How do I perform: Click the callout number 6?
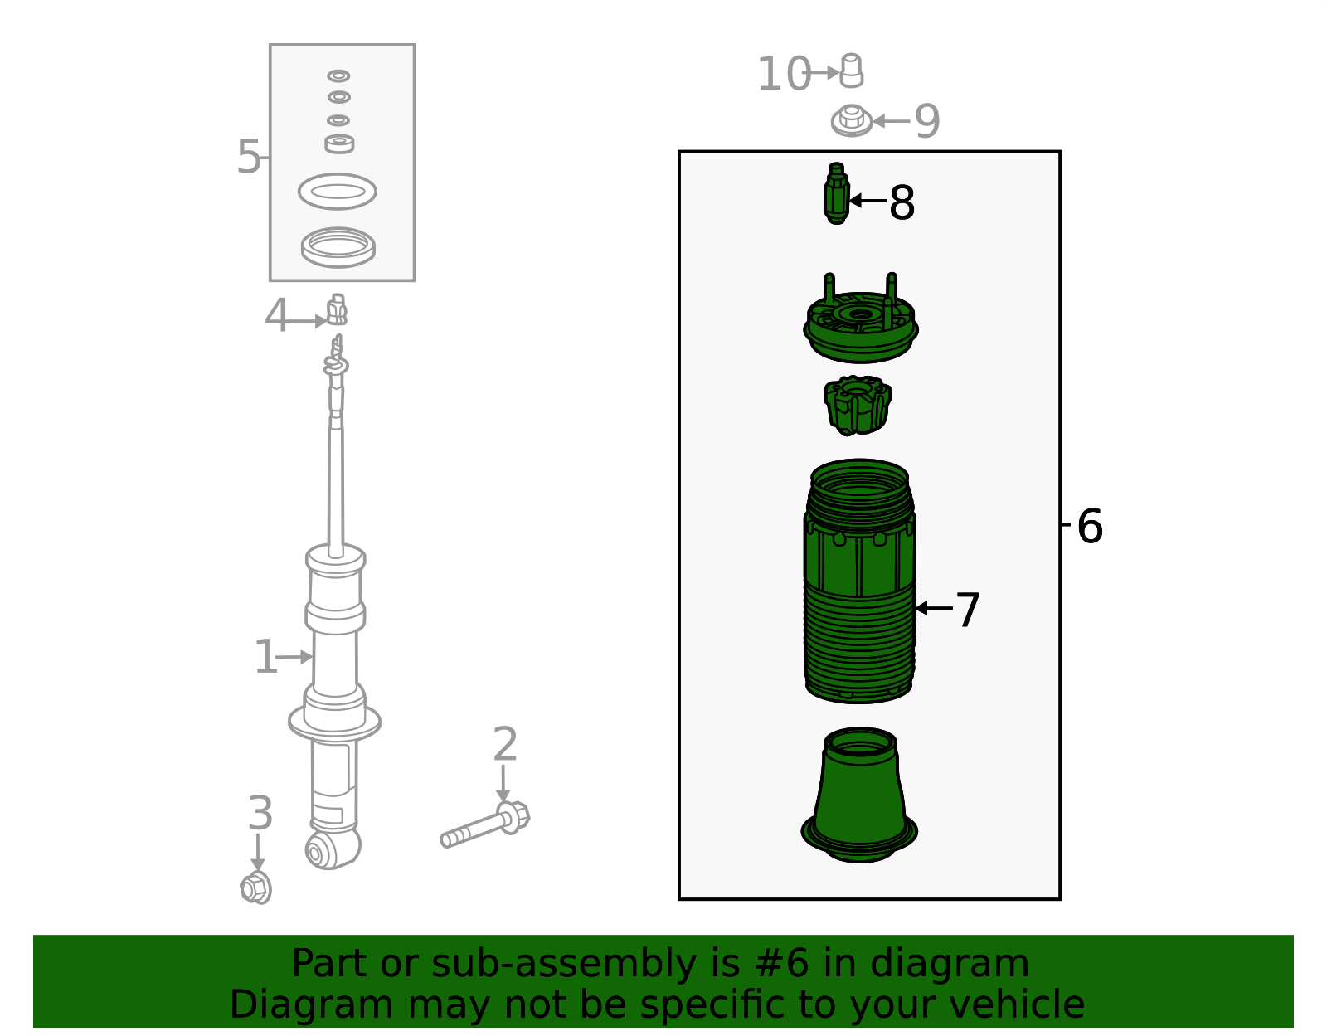1090,526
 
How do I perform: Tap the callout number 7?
968,610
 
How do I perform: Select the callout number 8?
902,202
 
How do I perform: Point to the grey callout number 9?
927,121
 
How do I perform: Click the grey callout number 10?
783,74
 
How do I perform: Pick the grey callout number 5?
248,157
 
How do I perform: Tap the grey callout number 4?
276,316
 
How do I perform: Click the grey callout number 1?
265,657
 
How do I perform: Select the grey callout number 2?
505,744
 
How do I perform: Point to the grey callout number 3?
260,813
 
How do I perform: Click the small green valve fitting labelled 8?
837,194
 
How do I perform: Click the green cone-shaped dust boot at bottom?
859,796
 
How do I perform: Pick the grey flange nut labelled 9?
851,121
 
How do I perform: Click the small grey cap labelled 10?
852,71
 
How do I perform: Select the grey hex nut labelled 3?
256,888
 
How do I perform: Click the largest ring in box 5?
338,247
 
